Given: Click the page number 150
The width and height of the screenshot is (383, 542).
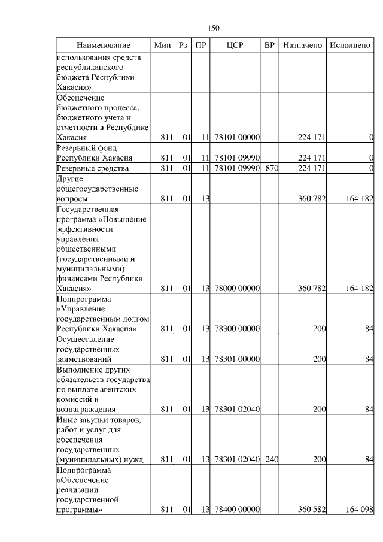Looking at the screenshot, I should coord(214,28).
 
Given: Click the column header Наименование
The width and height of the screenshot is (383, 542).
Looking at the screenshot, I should coord(103,46).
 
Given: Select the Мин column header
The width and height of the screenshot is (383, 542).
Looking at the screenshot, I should coord(162,46).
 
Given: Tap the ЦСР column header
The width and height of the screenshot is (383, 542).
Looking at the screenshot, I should coord(235,46).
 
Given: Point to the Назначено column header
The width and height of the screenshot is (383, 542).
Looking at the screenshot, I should coord(303,46).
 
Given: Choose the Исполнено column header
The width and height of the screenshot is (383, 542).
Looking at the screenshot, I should coord(350,46).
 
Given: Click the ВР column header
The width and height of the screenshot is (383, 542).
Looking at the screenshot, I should coord(270,46).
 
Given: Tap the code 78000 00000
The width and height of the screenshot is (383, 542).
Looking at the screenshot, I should coord(236,288).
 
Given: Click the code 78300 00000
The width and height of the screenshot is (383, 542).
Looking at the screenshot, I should coord(236,329).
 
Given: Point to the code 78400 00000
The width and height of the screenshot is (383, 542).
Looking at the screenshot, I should coord(236,510).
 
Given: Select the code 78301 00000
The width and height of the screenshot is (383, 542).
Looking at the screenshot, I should coord(236,359).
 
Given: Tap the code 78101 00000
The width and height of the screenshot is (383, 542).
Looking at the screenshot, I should coord(236,138).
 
